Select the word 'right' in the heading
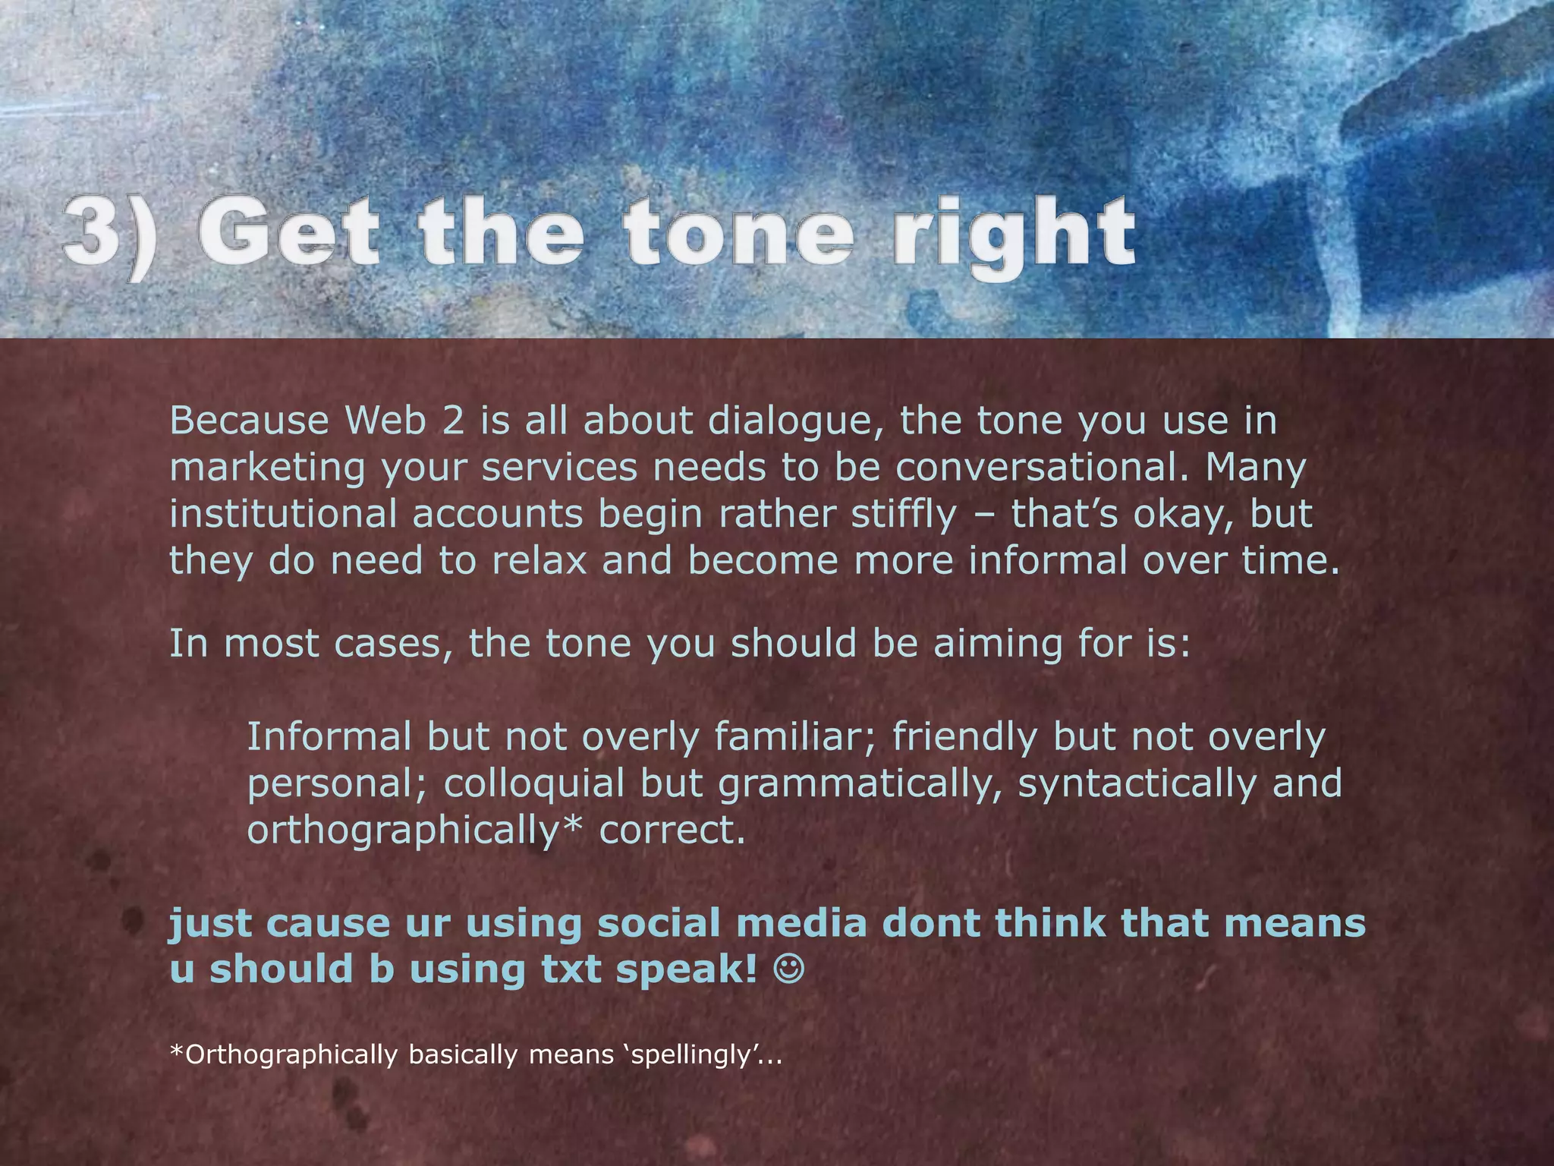tap(1013, 235)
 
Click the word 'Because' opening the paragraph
tap(249, 421)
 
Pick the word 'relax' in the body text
tap(539, 561)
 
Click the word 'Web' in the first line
tap(384, 421)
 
